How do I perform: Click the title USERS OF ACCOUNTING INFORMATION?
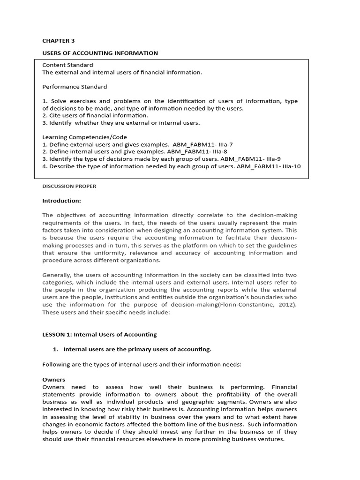pos(100,53)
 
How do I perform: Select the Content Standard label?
pos(67,65)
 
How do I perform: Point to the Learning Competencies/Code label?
pos(84,137)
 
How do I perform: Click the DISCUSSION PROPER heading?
pos(69,186)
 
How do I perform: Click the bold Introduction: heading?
pos(62,201)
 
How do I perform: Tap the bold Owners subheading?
pos(53,380)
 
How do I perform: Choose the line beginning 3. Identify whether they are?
pos(121,123)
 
